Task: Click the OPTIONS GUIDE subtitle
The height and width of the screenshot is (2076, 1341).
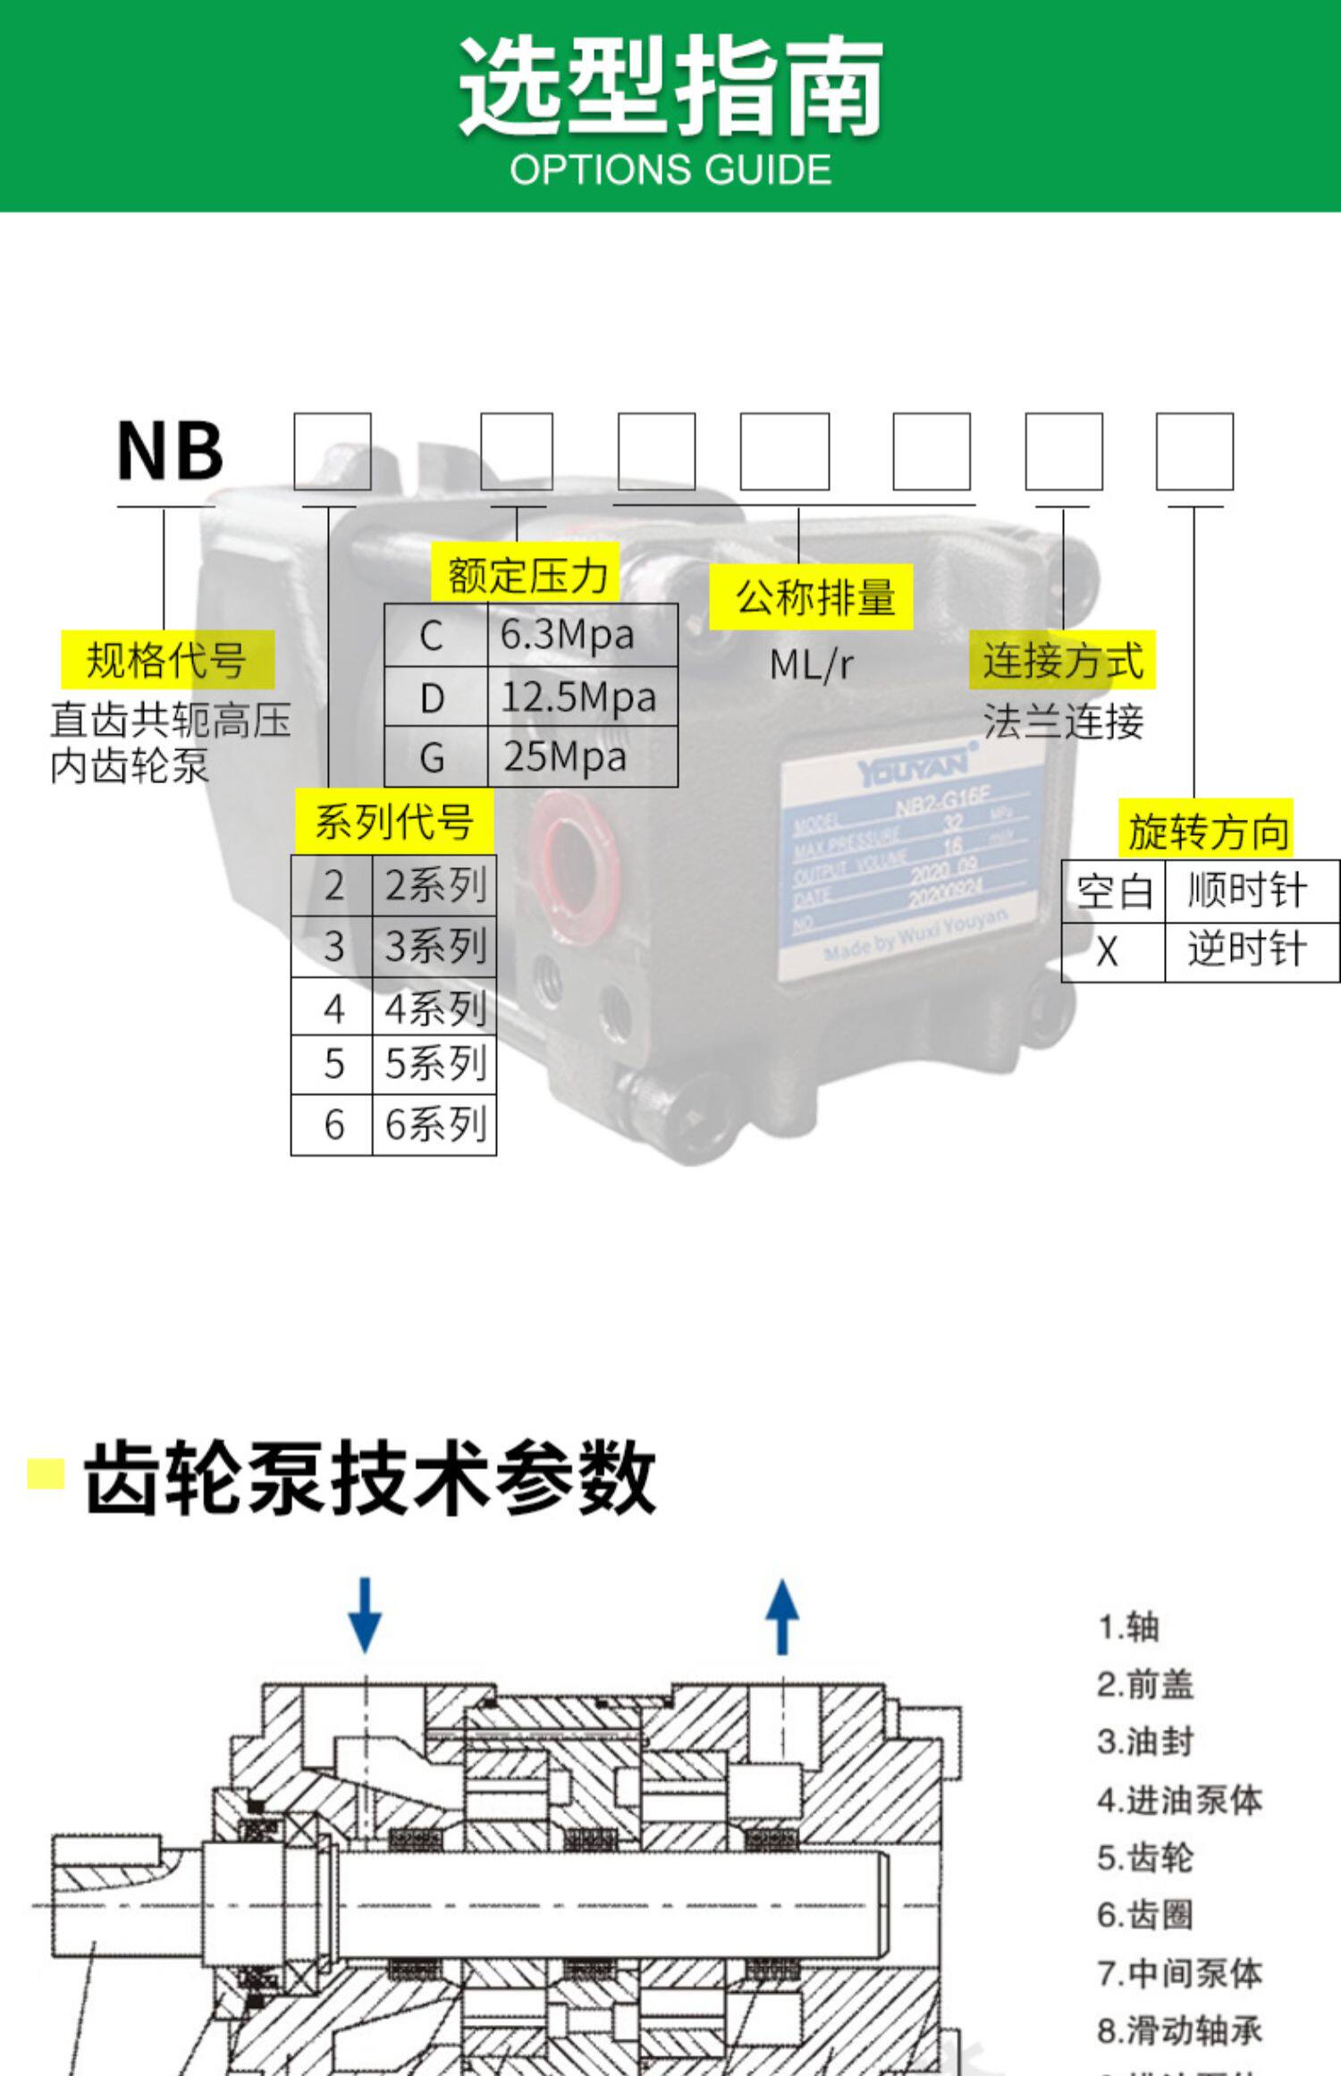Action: (x=670, y=170)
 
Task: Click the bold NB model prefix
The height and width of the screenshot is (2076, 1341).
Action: (x=170, y=451)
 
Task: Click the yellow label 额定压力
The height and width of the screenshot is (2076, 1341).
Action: (x=527, y=575)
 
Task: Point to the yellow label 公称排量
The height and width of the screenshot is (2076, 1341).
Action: (x=812, y=597)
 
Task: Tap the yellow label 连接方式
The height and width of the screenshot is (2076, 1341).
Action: (x=1062, y=662)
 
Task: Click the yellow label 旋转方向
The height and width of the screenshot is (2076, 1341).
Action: (x=1206, y=831)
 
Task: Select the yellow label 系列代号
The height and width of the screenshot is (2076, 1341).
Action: (x=393, y=821)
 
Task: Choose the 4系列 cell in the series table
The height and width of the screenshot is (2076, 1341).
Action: (x=434, y=1008)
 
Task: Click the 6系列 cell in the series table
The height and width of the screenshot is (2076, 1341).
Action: (x=434, y=1125)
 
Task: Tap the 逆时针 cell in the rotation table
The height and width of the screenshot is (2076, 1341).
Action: (x=1248, y=949)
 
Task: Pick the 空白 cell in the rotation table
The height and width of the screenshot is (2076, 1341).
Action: (x=1113, y=891)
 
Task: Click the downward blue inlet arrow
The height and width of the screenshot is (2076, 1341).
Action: (x=365, y=1615)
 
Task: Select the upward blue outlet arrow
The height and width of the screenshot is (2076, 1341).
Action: (x=782, y=1615)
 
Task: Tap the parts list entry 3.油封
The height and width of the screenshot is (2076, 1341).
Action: (x=1145, y=1742)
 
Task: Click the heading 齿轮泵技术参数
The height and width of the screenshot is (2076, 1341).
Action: (x=369, y=1478)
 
